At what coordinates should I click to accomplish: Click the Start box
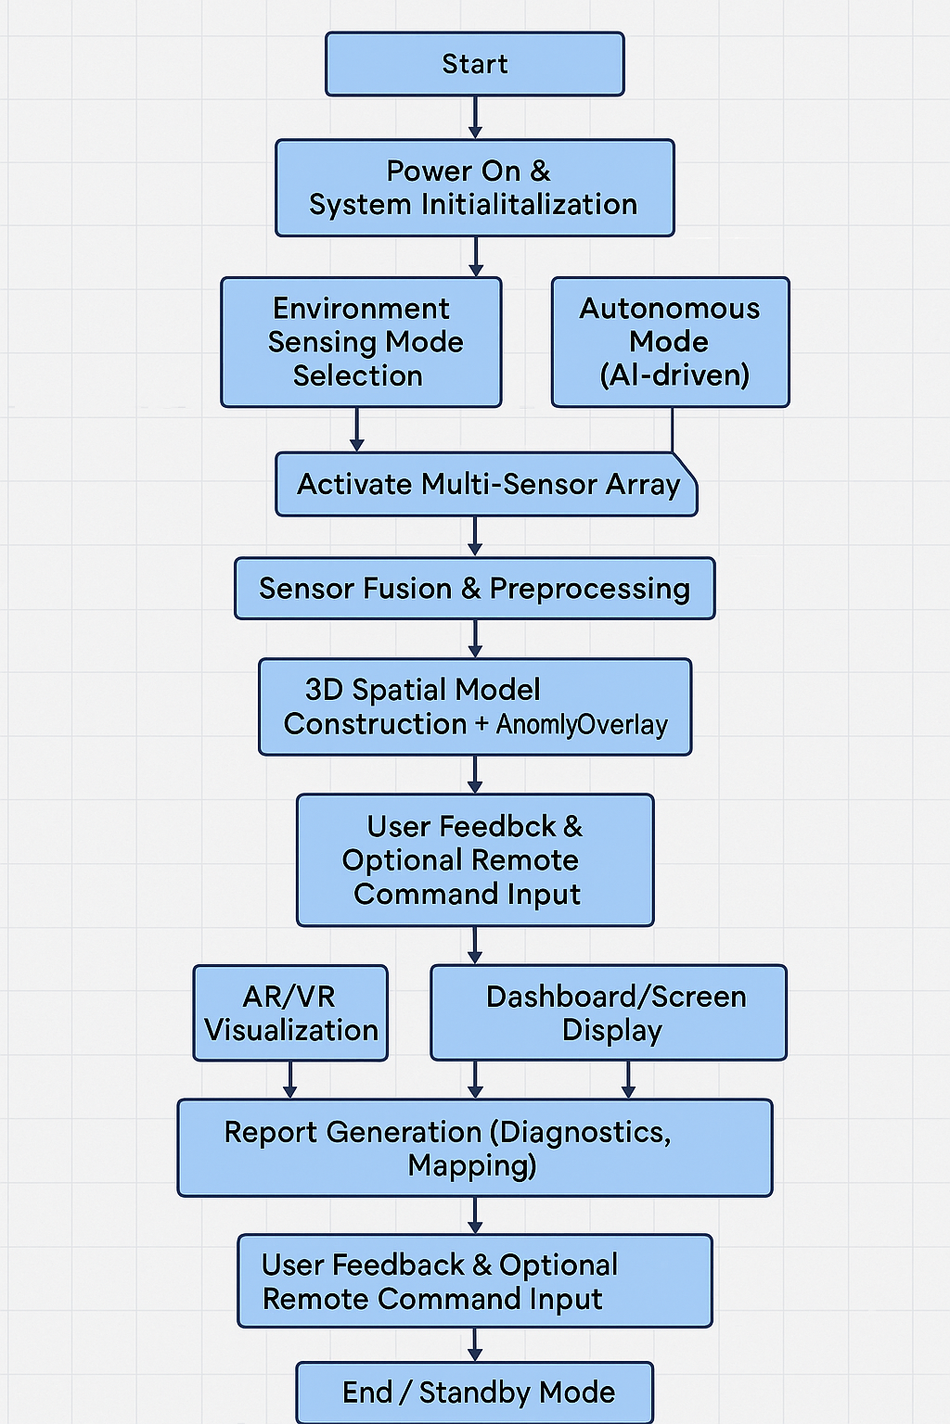(474, 64)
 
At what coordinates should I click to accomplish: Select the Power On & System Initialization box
(474, 188)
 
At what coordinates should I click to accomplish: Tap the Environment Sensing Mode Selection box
(361, 342)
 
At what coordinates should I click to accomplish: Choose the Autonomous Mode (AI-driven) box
(670, 342)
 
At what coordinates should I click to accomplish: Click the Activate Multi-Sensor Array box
(486, 484)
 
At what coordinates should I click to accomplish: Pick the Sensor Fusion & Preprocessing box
(474, 589)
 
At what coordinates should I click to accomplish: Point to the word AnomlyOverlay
(582, 725)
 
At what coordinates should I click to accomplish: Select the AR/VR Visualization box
(290, 1013)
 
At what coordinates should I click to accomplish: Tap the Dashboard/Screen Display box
(609, 1013)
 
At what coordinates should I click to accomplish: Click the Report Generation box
(474, 1148)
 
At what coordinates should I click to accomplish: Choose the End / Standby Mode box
(474, 1392)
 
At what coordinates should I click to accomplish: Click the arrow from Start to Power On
(475, 118)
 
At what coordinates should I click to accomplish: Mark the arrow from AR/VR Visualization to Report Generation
(290, 1080)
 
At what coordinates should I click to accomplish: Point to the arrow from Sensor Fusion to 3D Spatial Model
(475, 639)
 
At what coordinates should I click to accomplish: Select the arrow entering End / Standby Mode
(475, 1345)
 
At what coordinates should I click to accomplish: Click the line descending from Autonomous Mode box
(673, 429)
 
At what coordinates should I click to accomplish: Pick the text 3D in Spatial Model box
(325, 690)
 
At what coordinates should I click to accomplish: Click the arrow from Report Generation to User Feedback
(475, 1215)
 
